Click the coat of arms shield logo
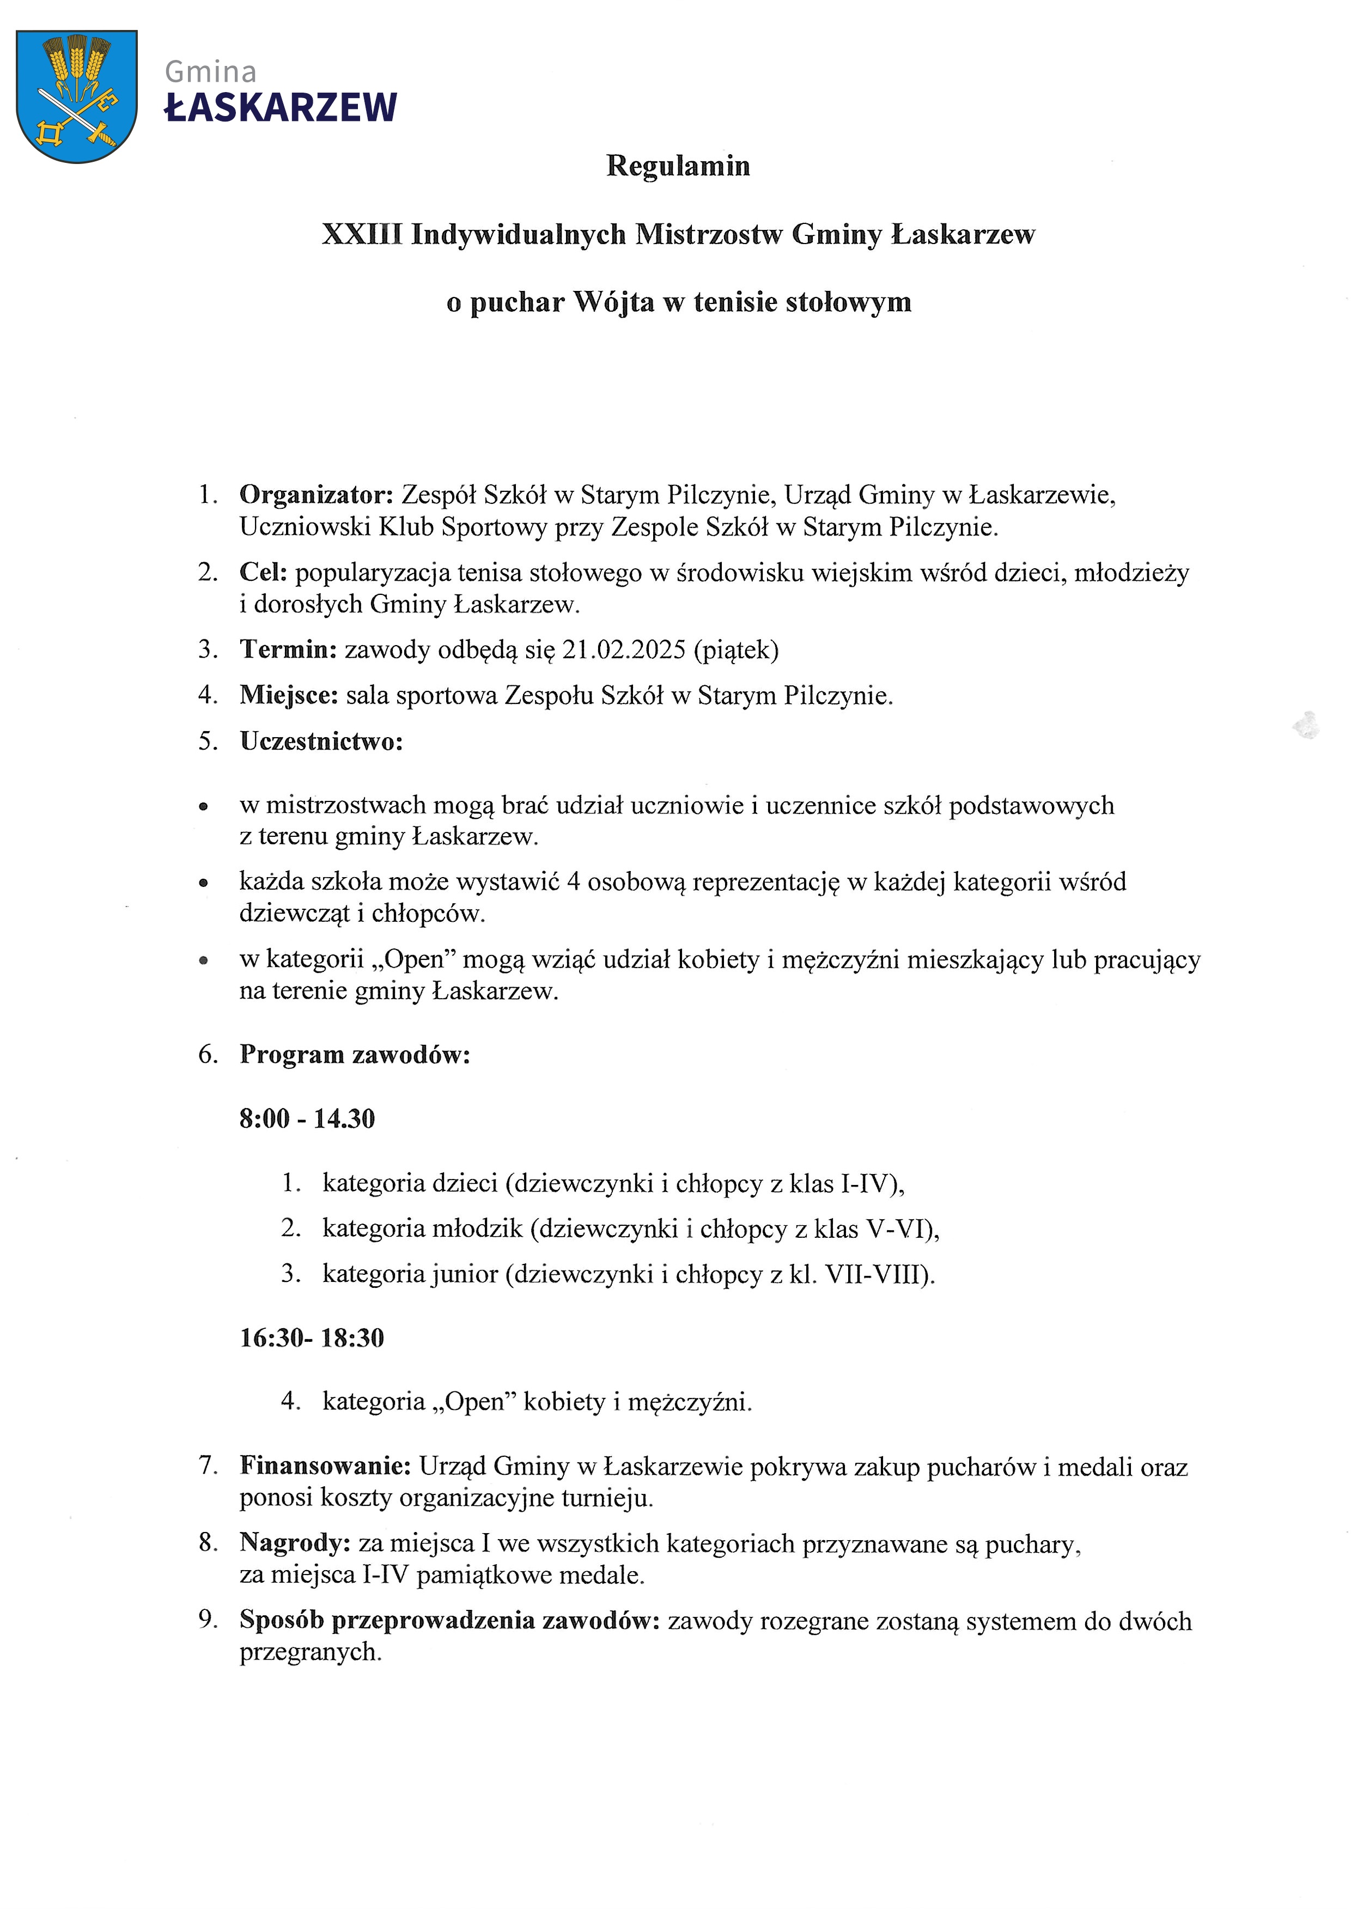[76, 96]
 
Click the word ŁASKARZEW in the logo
[281, 108]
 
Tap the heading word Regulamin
[678, 166]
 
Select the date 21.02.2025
[623, 649]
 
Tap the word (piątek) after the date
[737, 649]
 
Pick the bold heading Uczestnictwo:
[321, 741]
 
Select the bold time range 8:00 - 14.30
[307, 1119]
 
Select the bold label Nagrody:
[295, 1543]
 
